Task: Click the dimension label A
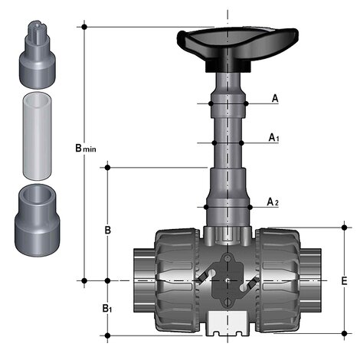pyautogui.click(x=275, y=98)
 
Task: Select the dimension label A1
pyautogui.click(x=273, y=138)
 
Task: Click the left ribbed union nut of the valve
pyautogui.click(x=178, y=280)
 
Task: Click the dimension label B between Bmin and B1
pyautogui.click(x=108, y=230)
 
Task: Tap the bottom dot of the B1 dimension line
pyautogui.click(x=108, y=335)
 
